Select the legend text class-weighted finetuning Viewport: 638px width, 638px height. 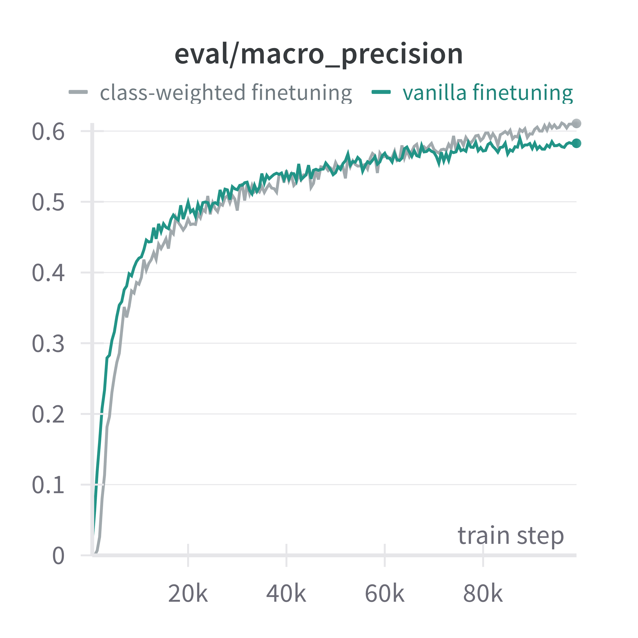pyautogui.click(x=226, y=92)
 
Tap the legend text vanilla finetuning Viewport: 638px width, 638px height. pyautogui.click(x=488, y=92)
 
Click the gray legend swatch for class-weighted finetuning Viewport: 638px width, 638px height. pyautogui.click(x=78, y=92)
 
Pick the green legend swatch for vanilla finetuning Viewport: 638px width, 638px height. pyautogui.click(x=381, y=92)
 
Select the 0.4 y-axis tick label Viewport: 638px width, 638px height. pyautogui.click(x=48, y=273)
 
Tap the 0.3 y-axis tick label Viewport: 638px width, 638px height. pyautogui.click(x=48, y=344)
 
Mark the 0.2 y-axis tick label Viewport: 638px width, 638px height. pyautogui.click(x=48, y=414)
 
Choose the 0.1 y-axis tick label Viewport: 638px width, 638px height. pyautogui.click(x=48, y=485)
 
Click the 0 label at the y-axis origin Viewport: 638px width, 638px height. pyautogui.click(x=58, y=556)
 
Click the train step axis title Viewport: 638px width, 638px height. pyautogui.click(x=510, y=536)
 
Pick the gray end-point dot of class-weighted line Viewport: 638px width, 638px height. pyautogui.click(x=576, y=123)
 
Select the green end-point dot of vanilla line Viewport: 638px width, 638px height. pyautogui.click(x=576, y=143)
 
